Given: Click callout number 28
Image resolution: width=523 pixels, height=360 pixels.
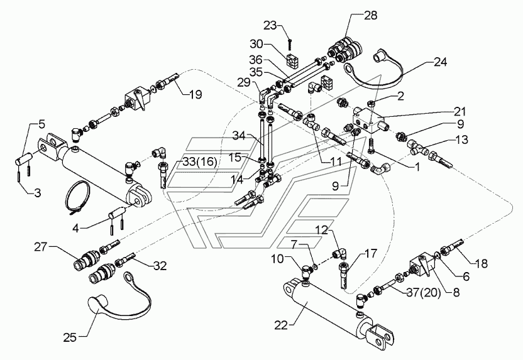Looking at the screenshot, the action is click(370, 15).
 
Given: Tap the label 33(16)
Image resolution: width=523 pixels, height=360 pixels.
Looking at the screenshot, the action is click(199, 162).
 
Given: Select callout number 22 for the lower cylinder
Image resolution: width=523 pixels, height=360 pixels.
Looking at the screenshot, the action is click(281, 325).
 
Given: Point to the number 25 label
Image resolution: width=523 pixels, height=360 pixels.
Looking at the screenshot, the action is click(70, 337).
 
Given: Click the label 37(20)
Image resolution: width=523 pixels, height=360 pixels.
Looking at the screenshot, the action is click(423, 293).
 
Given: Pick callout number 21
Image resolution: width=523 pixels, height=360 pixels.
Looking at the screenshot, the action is click(459, 111).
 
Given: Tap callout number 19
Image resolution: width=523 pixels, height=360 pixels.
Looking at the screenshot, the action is click(195, 95).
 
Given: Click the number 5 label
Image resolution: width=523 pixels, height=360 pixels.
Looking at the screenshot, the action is click(41, 124).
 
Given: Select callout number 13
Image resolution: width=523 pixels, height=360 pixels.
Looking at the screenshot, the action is click(461, 139).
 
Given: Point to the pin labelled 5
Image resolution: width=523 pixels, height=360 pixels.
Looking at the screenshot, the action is click(24, 157).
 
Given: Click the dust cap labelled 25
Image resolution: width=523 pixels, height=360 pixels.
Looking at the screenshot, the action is click(119, 293).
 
